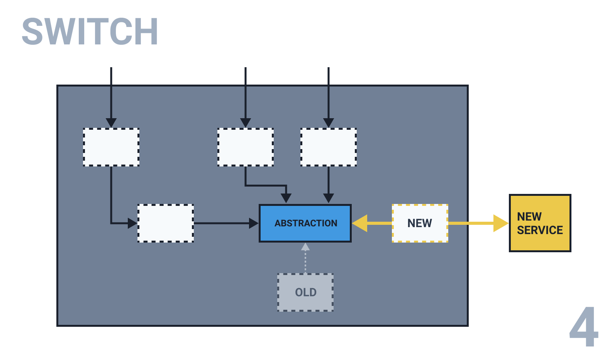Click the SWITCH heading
(x=90, y=32)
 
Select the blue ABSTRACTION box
(x=305, y=223)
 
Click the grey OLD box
(x=305, y=292)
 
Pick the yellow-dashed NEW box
(x=420, y=223)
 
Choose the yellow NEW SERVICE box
(x=540, y=223)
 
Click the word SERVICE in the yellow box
(x=540, y=230)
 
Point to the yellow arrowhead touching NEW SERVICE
(x=501, y=223)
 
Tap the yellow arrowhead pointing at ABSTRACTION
(x=360, y=223)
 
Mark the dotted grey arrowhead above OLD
(x=305, y=246)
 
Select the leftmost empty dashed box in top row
(x=111, y=147)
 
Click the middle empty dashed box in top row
(x=246, y=147)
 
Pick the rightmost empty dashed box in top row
(x=328, y=147)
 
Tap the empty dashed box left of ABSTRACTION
(x=166, y=223)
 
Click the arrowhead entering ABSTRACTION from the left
(x=254, y=223)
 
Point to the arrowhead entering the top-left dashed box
(x=111, y=122)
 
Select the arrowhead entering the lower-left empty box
(x=132, y=223)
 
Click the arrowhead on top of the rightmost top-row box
(x=328, y=122)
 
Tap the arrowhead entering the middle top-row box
(x=246, y=122)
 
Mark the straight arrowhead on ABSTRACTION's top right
(x=328, y=198)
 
